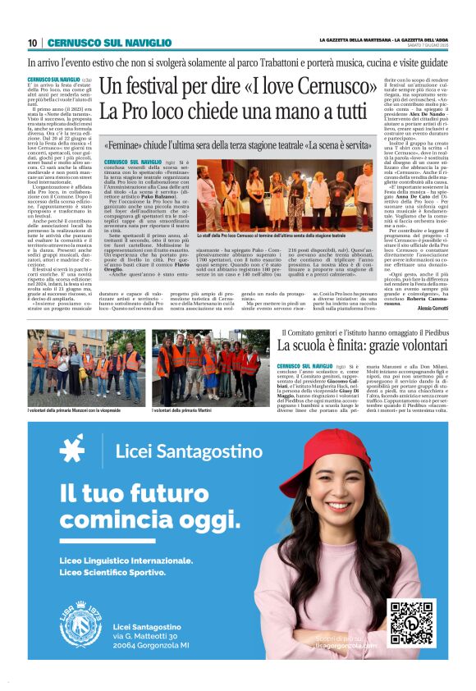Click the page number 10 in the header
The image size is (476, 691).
tap(32, 43)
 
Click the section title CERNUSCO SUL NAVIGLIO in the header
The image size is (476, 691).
tap(98, 43)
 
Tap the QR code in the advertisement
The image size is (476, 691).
tap(412, 624)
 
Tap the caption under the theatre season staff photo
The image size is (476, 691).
tap(271, 236)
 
